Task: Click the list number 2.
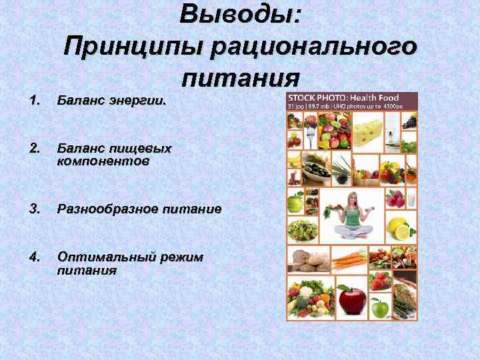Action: click(x=35, y=147)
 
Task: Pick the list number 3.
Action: click(x=35, y=209)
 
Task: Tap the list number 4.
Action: click(x=35, y=256)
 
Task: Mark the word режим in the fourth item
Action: click(x=181, y=256)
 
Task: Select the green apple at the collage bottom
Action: click(x=379, y=307)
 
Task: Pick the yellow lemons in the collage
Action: click(x=400, y=229)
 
